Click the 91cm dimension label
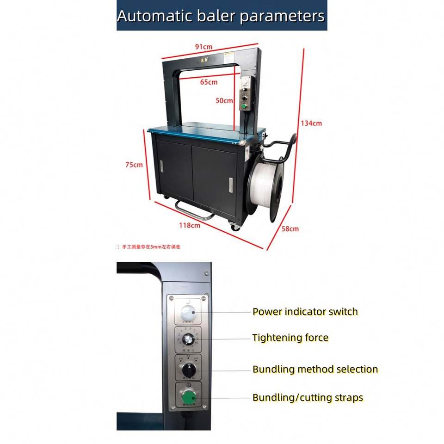(x=203, y=47)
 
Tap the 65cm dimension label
(x=209, y=82)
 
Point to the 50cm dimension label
(x=225, y=100)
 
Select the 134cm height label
(x=311, y=123)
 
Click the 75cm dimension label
(x=134, y=165)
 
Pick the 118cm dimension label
(x=190, y=225)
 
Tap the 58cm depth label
(x=290, y=228)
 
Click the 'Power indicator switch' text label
(x=305, y=312)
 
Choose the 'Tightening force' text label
(x=290, y=338)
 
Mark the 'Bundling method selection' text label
(x=315, y=369)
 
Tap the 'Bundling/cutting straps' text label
(x=308, y=398)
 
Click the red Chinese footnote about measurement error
(x=150, y=247)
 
